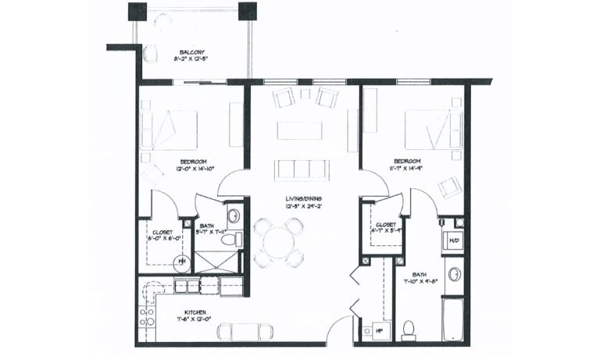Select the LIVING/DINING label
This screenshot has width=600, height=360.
point(303,199)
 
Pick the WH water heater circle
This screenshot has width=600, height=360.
point(181,262)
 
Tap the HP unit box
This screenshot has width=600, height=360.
point(380,331)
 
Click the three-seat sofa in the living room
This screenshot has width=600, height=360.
point(299,169)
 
